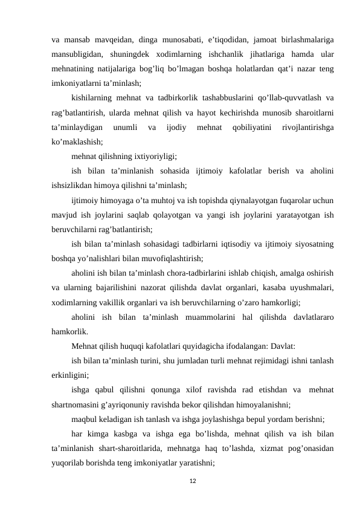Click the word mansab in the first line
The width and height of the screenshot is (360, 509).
tap(81, 40)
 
